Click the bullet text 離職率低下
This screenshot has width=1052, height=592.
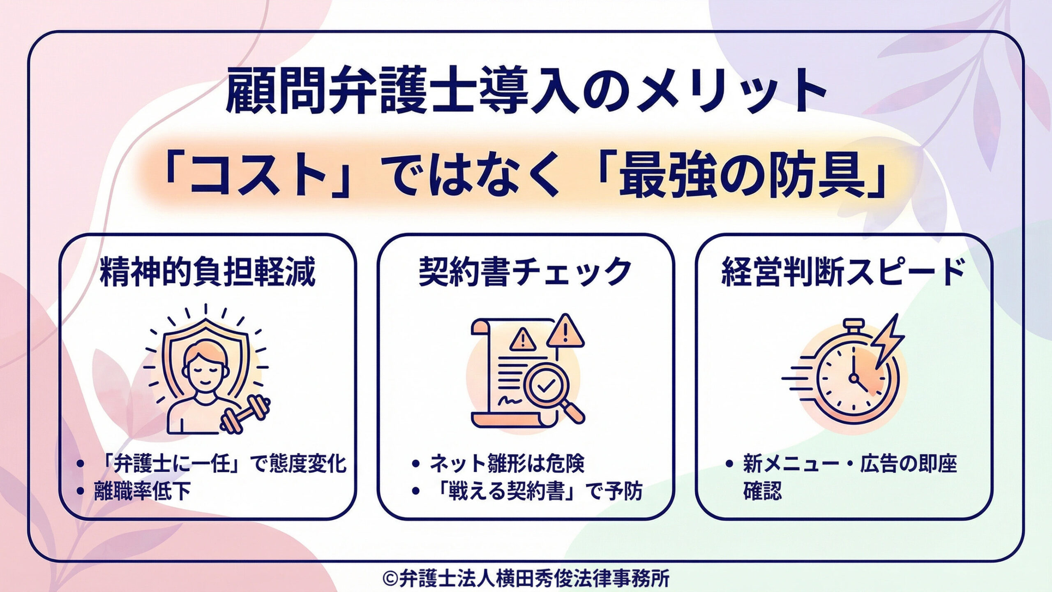[x=142, y=492]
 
